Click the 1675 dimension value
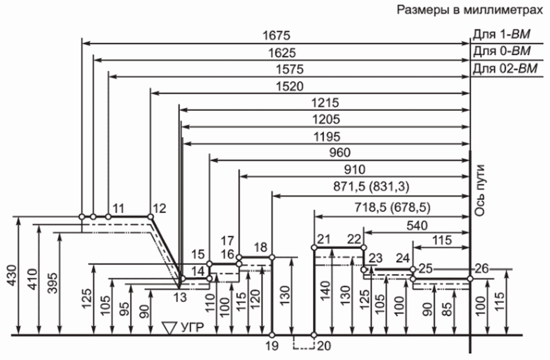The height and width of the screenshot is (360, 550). coord(277,36)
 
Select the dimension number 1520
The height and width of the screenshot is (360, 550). coord(289,86)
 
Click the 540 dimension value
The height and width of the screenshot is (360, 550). coord(417,226)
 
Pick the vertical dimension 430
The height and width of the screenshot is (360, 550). coord(11,275)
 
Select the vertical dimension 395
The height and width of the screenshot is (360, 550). coord(52,282)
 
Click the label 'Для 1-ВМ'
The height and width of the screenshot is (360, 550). coord(501,35)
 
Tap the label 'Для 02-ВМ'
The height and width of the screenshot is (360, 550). coord(505,68)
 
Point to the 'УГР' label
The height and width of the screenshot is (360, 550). coord(192,328)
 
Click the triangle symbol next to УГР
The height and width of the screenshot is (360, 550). coord(170,328)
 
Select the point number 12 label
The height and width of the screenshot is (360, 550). coord(159,209)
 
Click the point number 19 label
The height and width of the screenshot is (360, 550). coord(272,346)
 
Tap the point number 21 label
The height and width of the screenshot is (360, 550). coord(324,239)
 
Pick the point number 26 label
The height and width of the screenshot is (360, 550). coord(482,269)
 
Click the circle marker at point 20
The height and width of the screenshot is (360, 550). coord(315,335)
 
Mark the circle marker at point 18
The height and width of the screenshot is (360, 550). coord(272,257)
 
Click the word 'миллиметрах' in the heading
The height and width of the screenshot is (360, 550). coord(503,10)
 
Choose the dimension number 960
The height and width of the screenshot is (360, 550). coord(340,153)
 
